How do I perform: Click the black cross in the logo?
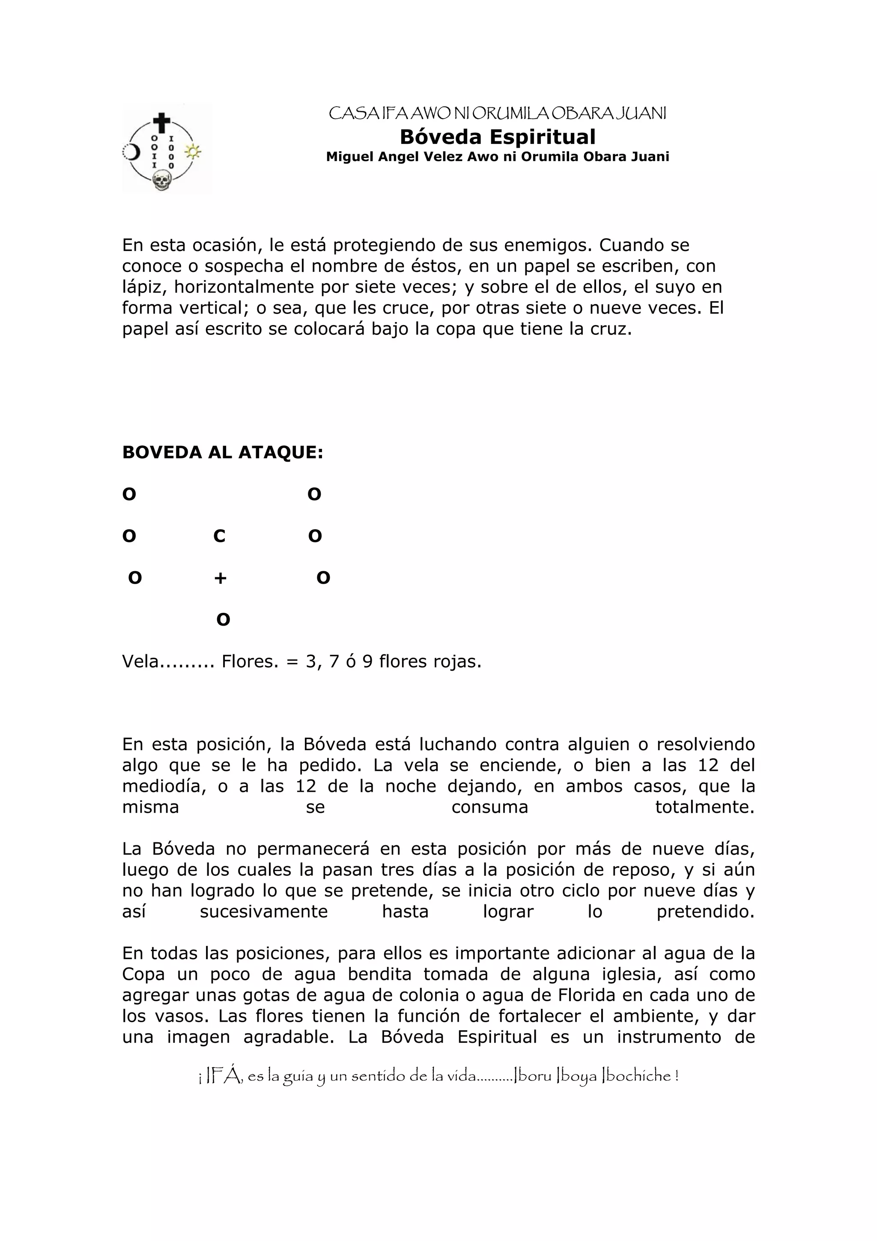[161, 123]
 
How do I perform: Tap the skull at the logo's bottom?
[161, 181]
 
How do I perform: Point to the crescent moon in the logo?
[130, 152]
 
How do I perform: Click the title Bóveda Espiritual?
[497, 137]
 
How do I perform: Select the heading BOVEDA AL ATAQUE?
[223, 452]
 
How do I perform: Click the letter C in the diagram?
[219, 536]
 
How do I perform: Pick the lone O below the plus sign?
[223, 619]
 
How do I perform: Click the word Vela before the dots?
[140, 662]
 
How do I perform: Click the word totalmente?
[704, 807]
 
